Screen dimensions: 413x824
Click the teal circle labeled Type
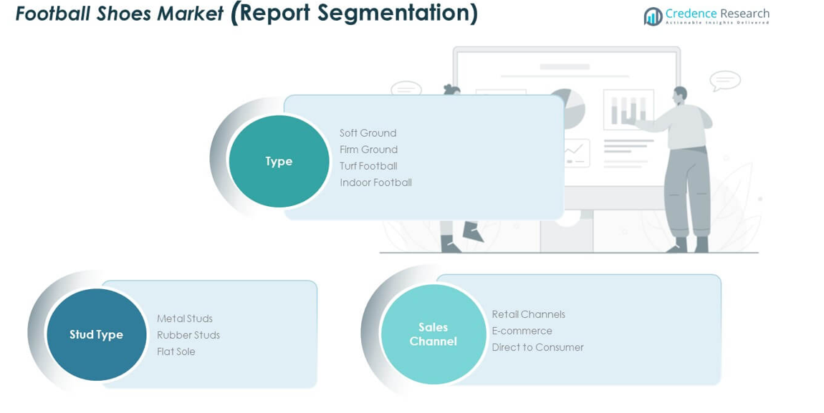coord(279,161)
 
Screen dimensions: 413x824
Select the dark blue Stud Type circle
coord(96,334)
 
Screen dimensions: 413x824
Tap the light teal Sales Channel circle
coord(433,334)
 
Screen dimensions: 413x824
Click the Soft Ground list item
coord(368,133)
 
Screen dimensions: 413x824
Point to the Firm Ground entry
coord(368,150)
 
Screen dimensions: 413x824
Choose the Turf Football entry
coord(368,166)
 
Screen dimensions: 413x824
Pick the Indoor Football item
coord(375,183)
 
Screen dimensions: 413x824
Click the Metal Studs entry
coord(185,319)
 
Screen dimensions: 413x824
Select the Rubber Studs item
coord(188,335)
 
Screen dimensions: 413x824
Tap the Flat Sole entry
coord(176,351)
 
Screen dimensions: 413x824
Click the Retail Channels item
coord(528,314)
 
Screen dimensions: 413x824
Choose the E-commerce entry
coord(522,331)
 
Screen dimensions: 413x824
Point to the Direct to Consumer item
coord(537,347)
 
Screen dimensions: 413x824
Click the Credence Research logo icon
coord(652,16)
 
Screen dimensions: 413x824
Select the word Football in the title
coord(54,14)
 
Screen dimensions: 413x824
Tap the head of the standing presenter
coord(680,94)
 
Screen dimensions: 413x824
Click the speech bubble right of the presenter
coord(724,80)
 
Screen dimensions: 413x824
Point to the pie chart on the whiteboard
coord(568,108)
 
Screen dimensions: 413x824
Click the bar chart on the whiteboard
coord(628,109)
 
